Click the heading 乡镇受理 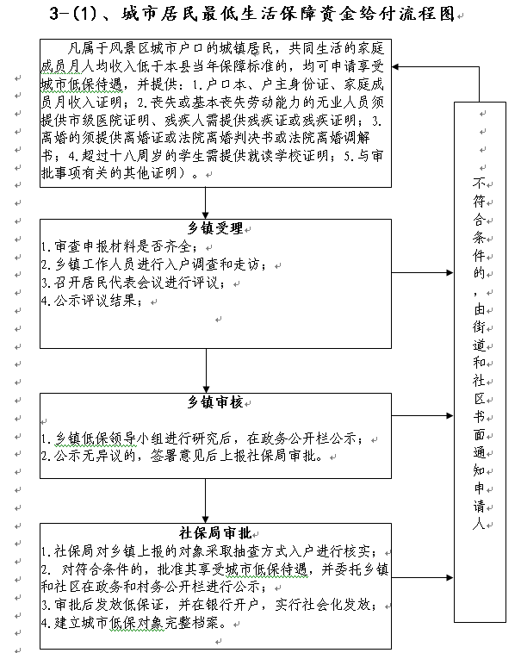tap(215, 228)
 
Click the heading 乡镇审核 tap(215, 402)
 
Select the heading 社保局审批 tap(215, 532)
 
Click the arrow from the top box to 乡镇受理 tap(206, 203)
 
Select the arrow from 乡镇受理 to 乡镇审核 tap(206, 370)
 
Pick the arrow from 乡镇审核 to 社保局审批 tap(206, 501)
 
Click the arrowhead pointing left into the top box tap(395, 66)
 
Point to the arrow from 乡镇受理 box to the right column tap(422, 273)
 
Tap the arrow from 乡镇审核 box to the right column tap(422, 415)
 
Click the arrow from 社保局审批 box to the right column tap(422, 578)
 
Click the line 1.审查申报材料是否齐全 tap(120, 246)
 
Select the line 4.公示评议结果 tap(91, 301)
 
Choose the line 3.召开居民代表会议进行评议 tap(133, 283)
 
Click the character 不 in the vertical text tap(480, 183)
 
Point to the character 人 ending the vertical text tap(480, 524)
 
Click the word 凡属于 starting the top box tap(88, 49)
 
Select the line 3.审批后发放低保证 tap(209, 605)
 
